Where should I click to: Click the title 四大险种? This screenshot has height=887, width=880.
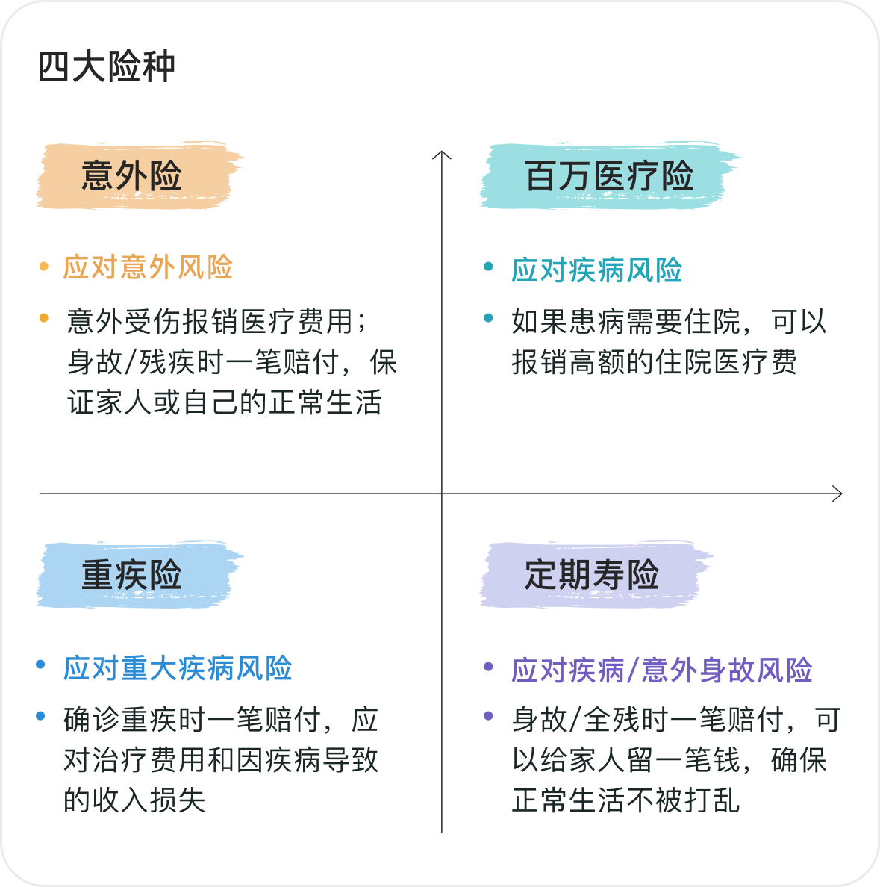pyautogui.click(x=107, y=67)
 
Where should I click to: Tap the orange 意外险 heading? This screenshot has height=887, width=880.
pyautogui.click(x=132, y=176)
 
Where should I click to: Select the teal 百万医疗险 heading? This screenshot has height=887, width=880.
pyautogui.click(x=609, y=176)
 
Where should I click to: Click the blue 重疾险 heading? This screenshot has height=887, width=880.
pyautogui.click(x=132, y=575)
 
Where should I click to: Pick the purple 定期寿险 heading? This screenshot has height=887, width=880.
pyautogui.click(x=592, y=575)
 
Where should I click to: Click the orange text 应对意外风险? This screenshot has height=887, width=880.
pyautogui.click(x=149, y=267)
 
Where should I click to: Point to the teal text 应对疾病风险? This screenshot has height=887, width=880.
pyautogui.click(x=597, y=270)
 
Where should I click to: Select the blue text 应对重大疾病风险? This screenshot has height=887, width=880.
pyautogui.click(x=178, y=668)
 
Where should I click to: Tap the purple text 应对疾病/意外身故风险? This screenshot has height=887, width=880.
pyautogui.click(x=662, y=670)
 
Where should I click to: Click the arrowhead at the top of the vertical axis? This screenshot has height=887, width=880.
pyautogui.click(x=442, y=154)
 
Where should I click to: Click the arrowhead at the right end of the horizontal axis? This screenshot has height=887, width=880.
pyautogui.click(x=839, y=494)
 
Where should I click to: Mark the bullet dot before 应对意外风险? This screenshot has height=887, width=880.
pyautogui.click(x=43, y=267)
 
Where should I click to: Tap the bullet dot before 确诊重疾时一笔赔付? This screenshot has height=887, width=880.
pyautogui.click(x=41, y=717)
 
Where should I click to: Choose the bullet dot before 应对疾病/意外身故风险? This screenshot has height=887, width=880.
pyautogui.click(x=488, y=667)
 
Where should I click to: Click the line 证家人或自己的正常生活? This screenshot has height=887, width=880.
pyautogui.click(x=225, y=402)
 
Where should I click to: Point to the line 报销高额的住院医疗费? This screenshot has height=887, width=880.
pyautogui.click(x=655, y=362)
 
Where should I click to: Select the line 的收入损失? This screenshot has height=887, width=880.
pyautogui.click(x=134, y=800)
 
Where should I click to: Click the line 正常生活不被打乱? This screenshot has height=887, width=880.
pyautogui.click(x=625, y=800)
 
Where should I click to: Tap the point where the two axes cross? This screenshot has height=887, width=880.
pyautogui.click(x=442, y=494)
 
